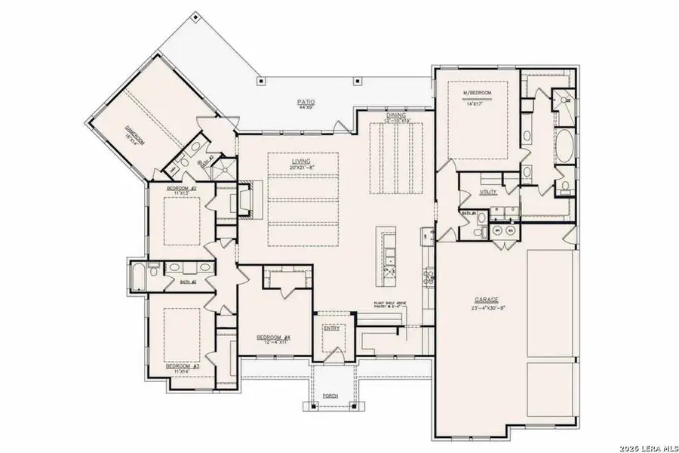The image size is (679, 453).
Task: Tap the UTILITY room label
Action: pyautogui.click(x=488, y=192)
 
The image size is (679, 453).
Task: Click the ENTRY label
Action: pyautogui.click(x=331, y=328)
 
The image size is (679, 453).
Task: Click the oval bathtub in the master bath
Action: pyautogui.click(x=564, y=146)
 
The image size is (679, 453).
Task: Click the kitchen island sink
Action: pyautogui.click(x=390, y=261)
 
